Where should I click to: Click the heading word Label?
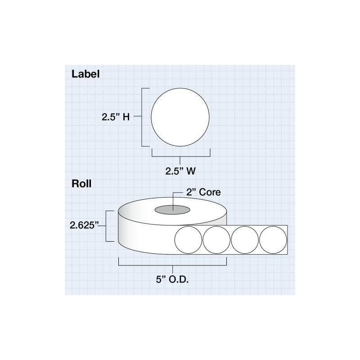(x=85, y=74)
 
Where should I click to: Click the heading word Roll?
(x=81, y=184)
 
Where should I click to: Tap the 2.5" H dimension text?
(x=116, y=117)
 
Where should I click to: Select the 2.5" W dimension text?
(x=180, y=171)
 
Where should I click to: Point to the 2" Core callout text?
(x=203, y=192)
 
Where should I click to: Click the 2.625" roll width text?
(x=84, y=225)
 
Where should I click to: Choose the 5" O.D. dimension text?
(x=172, y=279)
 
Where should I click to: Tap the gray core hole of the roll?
(x=172, y=210)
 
